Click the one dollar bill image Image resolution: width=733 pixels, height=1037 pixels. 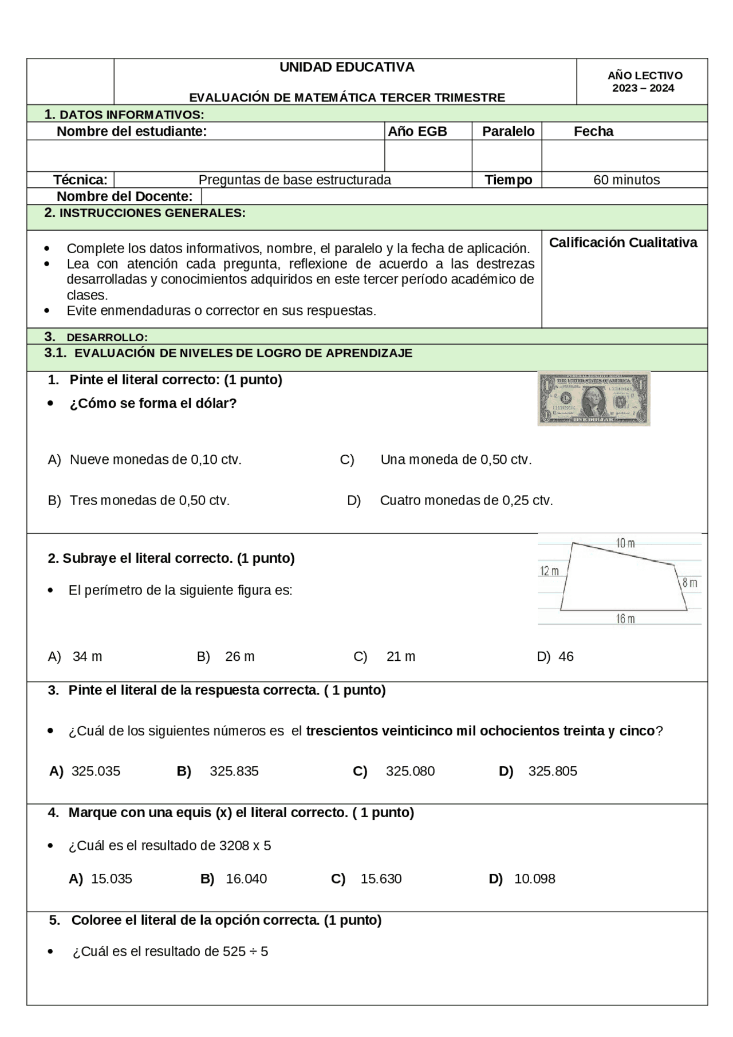(x=594, y=399)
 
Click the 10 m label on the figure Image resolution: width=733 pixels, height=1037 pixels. (x=625, y=543)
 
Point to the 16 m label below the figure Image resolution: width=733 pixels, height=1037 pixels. (x=625, y=618)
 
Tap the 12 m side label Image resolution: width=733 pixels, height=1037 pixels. (x=549, y=571)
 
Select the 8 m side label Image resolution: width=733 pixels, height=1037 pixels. (x=689, y=583)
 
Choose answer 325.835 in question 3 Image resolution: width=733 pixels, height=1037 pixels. (x=234, y=771)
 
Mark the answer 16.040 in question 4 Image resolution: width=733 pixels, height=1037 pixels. (x=246, y=878)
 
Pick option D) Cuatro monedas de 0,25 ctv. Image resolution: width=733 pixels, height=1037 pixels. (x=466, y=500)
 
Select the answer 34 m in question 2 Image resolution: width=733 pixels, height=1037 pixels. (x=87, y=657)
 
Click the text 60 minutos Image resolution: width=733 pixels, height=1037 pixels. (x=626, y=180)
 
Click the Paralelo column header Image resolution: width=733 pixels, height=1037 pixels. (x=508, y=131)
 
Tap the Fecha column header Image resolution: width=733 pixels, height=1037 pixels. (x=593, y=131)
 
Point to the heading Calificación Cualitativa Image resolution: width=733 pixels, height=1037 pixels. (x=623, y=243)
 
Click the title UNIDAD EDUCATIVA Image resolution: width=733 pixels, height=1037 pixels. (x=346, y=67)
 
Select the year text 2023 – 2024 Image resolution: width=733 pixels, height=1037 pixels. (x=643, y=88)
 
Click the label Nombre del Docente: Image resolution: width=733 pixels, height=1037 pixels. (x=124, y=196)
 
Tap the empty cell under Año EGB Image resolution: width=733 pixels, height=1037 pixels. (x=428, y=156)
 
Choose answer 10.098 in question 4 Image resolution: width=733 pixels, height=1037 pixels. (x=534, y=878)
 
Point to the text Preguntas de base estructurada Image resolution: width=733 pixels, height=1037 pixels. (x=294, y=180)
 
